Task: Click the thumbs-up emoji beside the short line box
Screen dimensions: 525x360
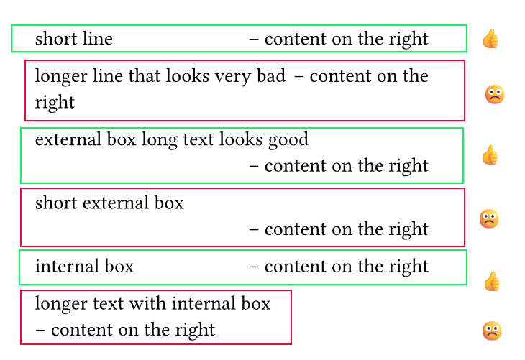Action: tap(490, 39)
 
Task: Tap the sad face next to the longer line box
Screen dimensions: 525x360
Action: tap(495, 95)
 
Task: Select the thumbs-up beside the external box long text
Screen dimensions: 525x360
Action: tap(490, 155)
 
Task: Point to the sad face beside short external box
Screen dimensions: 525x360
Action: tap(489, 219)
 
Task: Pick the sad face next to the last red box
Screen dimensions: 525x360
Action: tap(492, 331)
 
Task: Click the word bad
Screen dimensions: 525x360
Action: tap(271, 75)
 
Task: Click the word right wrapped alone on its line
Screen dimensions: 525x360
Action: tap(55, 102)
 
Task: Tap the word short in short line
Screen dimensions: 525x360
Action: tap(56, 38)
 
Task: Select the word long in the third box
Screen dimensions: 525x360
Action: tap(160, 140)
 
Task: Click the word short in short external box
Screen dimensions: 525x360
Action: tap(56, 203)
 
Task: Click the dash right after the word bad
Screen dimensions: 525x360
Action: tap(299, 77)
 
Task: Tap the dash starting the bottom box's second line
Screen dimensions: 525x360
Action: tap(40, 331)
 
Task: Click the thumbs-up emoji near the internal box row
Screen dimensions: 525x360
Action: tap(492, 282)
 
